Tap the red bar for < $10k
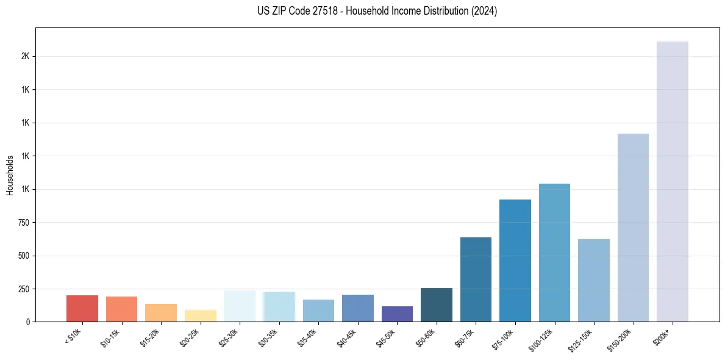82,308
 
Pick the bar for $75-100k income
515,261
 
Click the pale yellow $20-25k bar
201,315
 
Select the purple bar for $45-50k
397,314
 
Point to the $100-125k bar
554,253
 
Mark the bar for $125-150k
593,280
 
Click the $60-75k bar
476,279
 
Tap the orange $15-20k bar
161,312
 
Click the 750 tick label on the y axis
24,223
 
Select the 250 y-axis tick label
24,289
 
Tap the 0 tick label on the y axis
28,322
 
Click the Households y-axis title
10,175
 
